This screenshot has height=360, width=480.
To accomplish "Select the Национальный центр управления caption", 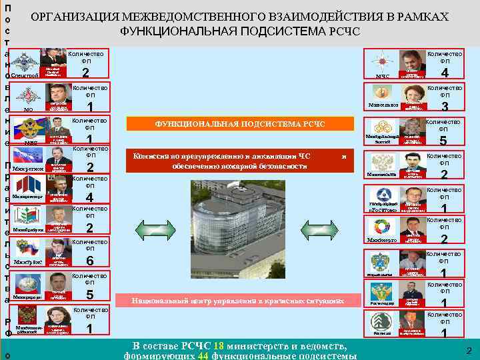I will coord(230,301).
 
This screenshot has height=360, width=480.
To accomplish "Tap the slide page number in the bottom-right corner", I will coord(469,351).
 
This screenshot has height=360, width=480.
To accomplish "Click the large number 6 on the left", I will coord(89,261).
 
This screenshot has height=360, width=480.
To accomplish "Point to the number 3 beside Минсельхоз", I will coord(445,106).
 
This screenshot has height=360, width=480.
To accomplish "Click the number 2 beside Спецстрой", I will coord(85,73).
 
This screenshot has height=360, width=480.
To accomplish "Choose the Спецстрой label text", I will coord(25,76).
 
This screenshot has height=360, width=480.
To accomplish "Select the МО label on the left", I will coord(28,109).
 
